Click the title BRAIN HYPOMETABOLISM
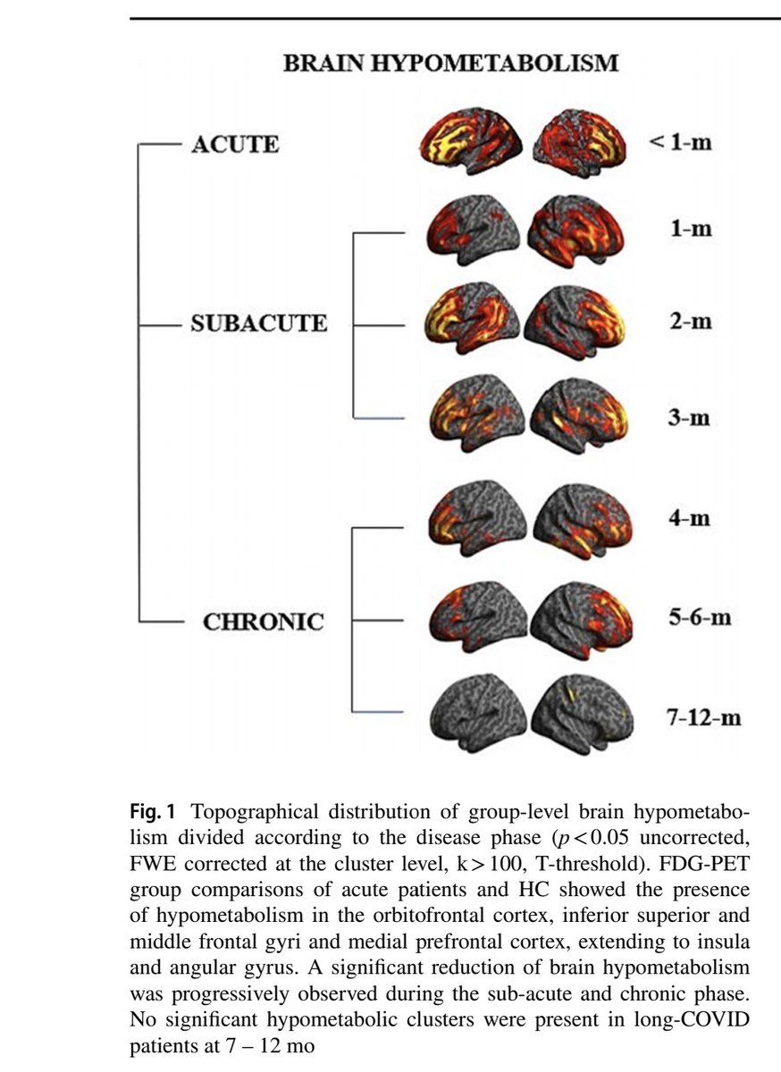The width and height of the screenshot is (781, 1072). (449, 64)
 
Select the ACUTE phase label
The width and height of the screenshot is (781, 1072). (235, 144)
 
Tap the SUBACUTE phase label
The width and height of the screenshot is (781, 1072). (259, 322)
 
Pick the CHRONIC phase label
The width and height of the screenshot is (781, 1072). (264, 621)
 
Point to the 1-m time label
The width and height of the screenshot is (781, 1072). (692, 228)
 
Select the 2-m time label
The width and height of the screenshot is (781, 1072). (692, 321)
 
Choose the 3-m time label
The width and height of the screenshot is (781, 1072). (692, 417)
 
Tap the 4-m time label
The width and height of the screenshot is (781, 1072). (692, 517)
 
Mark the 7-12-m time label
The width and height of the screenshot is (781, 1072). (705, 717)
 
